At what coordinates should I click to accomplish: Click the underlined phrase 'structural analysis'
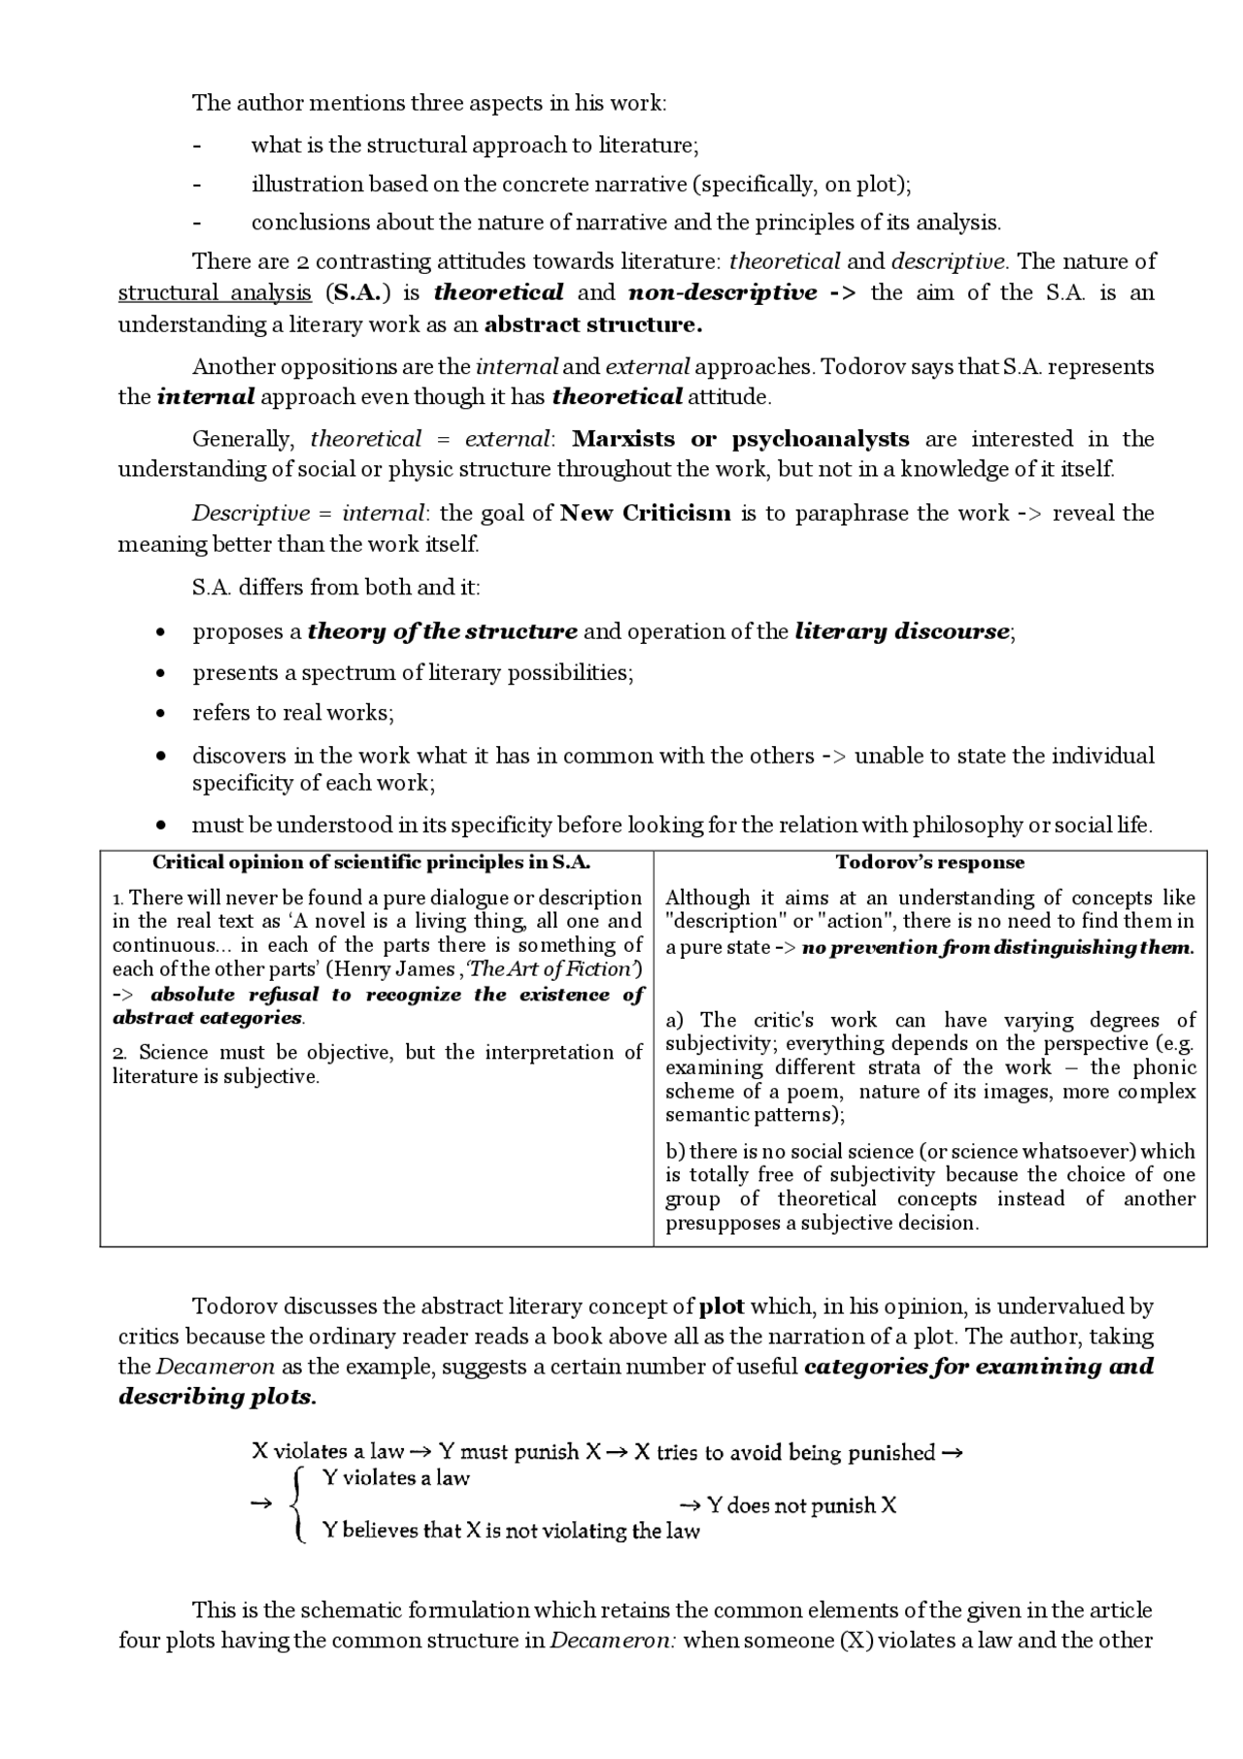215,293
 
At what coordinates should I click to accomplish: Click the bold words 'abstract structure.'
593,324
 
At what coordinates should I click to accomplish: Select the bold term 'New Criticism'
645,513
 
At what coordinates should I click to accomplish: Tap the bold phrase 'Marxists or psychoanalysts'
740,439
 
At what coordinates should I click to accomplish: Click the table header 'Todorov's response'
929,863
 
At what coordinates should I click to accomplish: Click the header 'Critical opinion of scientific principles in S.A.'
372,863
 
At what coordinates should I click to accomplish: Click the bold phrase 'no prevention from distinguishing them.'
998,947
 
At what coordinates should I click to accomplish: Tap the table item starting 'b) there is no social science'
929,1187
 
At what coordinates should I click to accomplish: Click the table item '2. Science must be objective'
377,1065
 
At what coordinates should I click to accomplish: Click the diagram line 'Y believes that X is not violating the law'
511,1531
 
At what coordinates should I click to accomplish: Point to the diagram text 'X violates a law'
327,1452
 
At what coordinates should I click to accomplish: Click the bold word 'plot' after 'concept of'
721,1306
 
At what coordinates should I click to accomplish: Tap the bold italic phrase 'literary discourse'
901,631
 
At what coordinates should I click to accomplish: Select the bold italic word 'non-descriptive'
722,293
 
